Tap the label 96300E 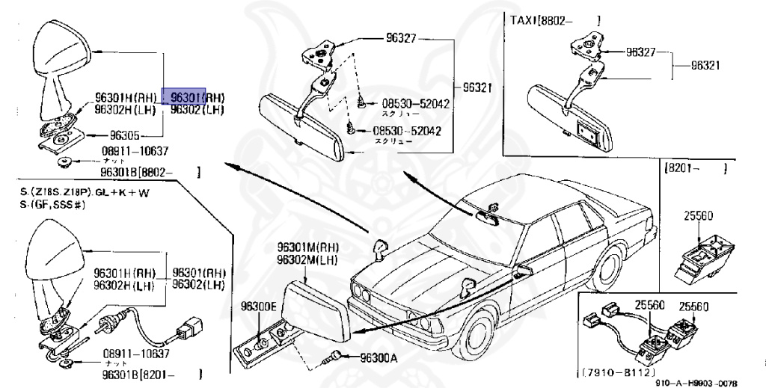click(259, 306)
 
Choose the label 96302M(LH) click(306, 260)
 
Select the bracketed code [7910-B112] click(616, 372)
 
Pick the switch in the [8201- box click(702, 253)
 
